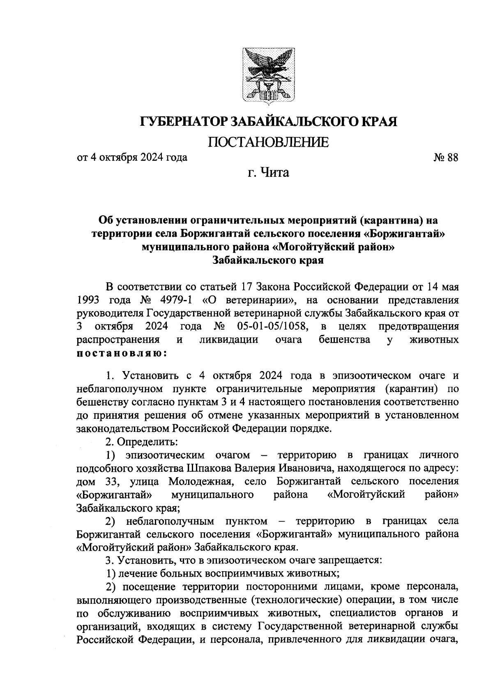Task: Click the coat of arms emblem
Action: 269,75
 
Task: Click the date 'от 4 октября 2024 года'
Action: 132,157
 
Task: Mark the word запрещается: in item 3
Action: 352,560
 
